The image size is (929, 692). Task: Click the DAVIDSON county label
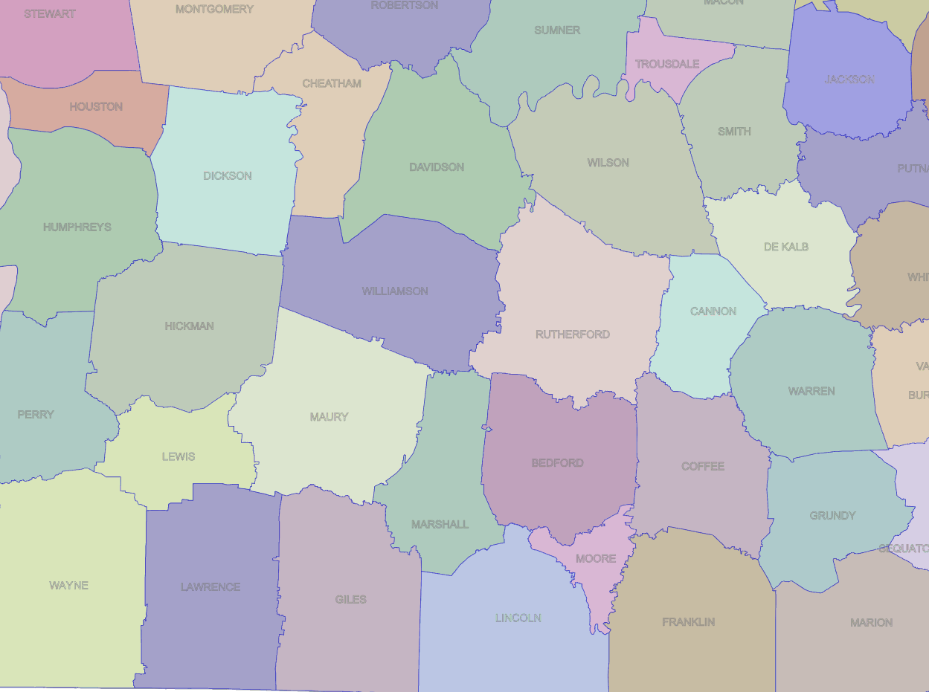pos(437,167)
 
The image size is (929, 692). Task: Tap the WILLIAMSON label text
pos(395,291)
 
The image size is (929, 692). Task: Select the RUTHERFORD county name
pos(573,334)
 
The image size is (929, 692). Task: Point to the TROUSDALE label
pos(667,65)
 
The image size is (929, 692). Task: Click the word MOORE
pos(596,559)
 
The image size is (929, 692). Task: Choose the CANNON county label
pos(713,311)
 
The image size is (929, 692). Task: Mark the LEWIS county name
pos(179,456)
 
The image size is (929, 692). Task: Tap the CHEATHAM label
pos(332,84)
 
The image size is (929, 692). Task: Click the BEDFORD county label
pos(557,463)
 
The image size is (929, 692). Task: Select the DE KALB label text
pos(786,247)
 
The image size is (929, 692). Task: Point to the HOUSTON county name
pos(96,107)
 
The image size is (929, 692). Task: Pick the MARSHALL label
pos(440,525)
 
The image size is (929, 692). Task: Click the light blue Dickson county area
pos(223,208)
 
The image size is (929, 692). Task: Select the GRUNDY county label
pos(832,516)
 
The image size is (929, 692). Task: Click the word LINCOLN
pos(518,618)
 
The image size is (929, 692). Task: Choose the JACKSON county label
pos(849,80)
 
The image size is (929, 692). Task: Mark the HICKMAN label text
pos(190,326)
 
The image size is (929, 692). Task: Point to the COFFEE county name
pos(703,467)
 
